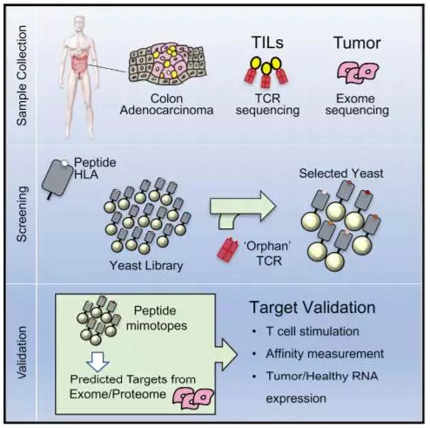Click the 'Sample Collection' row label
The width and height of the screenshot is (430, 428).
(22, 76)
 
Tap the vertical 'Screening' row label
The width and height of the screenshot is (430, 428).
(22, 214)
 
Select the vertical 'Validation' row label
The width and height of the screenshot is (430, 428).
(22, 352)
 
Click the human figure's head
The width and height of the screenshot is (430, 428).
(79, 24)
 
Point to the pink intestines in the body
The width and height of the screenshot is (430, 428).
(79, 65)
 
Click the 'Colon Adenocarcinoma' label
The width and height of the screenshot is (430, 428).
(166, 105)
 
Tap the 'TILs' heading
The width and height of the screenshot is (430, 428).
(267, 43)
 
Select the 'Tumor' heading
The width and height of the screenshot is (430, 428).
(357, 43)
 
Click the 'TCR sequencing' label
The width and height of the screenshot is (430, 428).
(267, 105)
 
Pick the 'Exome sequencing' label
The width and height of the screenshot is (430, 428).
(357, 105)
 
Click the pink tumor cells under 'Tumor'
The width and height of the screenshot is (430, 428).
(358, 72)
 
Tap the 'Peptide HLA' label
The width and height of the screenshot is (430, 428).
(95, 168)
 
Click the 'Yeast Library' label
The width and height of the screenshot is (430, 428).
(146, 266)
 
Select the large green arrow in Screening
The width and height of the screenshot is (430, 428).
(242, 210)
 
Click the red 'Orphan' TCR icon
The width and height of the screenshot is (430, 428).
(228, 249)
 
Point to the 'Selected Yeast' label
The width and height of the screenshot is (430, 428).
(341, 173)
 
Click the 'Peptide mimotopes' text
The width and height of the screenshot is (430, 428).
(157, 318)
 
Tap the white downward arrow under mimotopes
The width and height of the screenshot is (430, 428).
(97, 362)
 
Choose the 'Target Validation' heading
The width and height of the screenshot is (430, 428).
(312, 308)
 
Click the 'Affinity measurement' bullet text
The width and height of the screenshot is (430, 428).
(325, 354)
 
